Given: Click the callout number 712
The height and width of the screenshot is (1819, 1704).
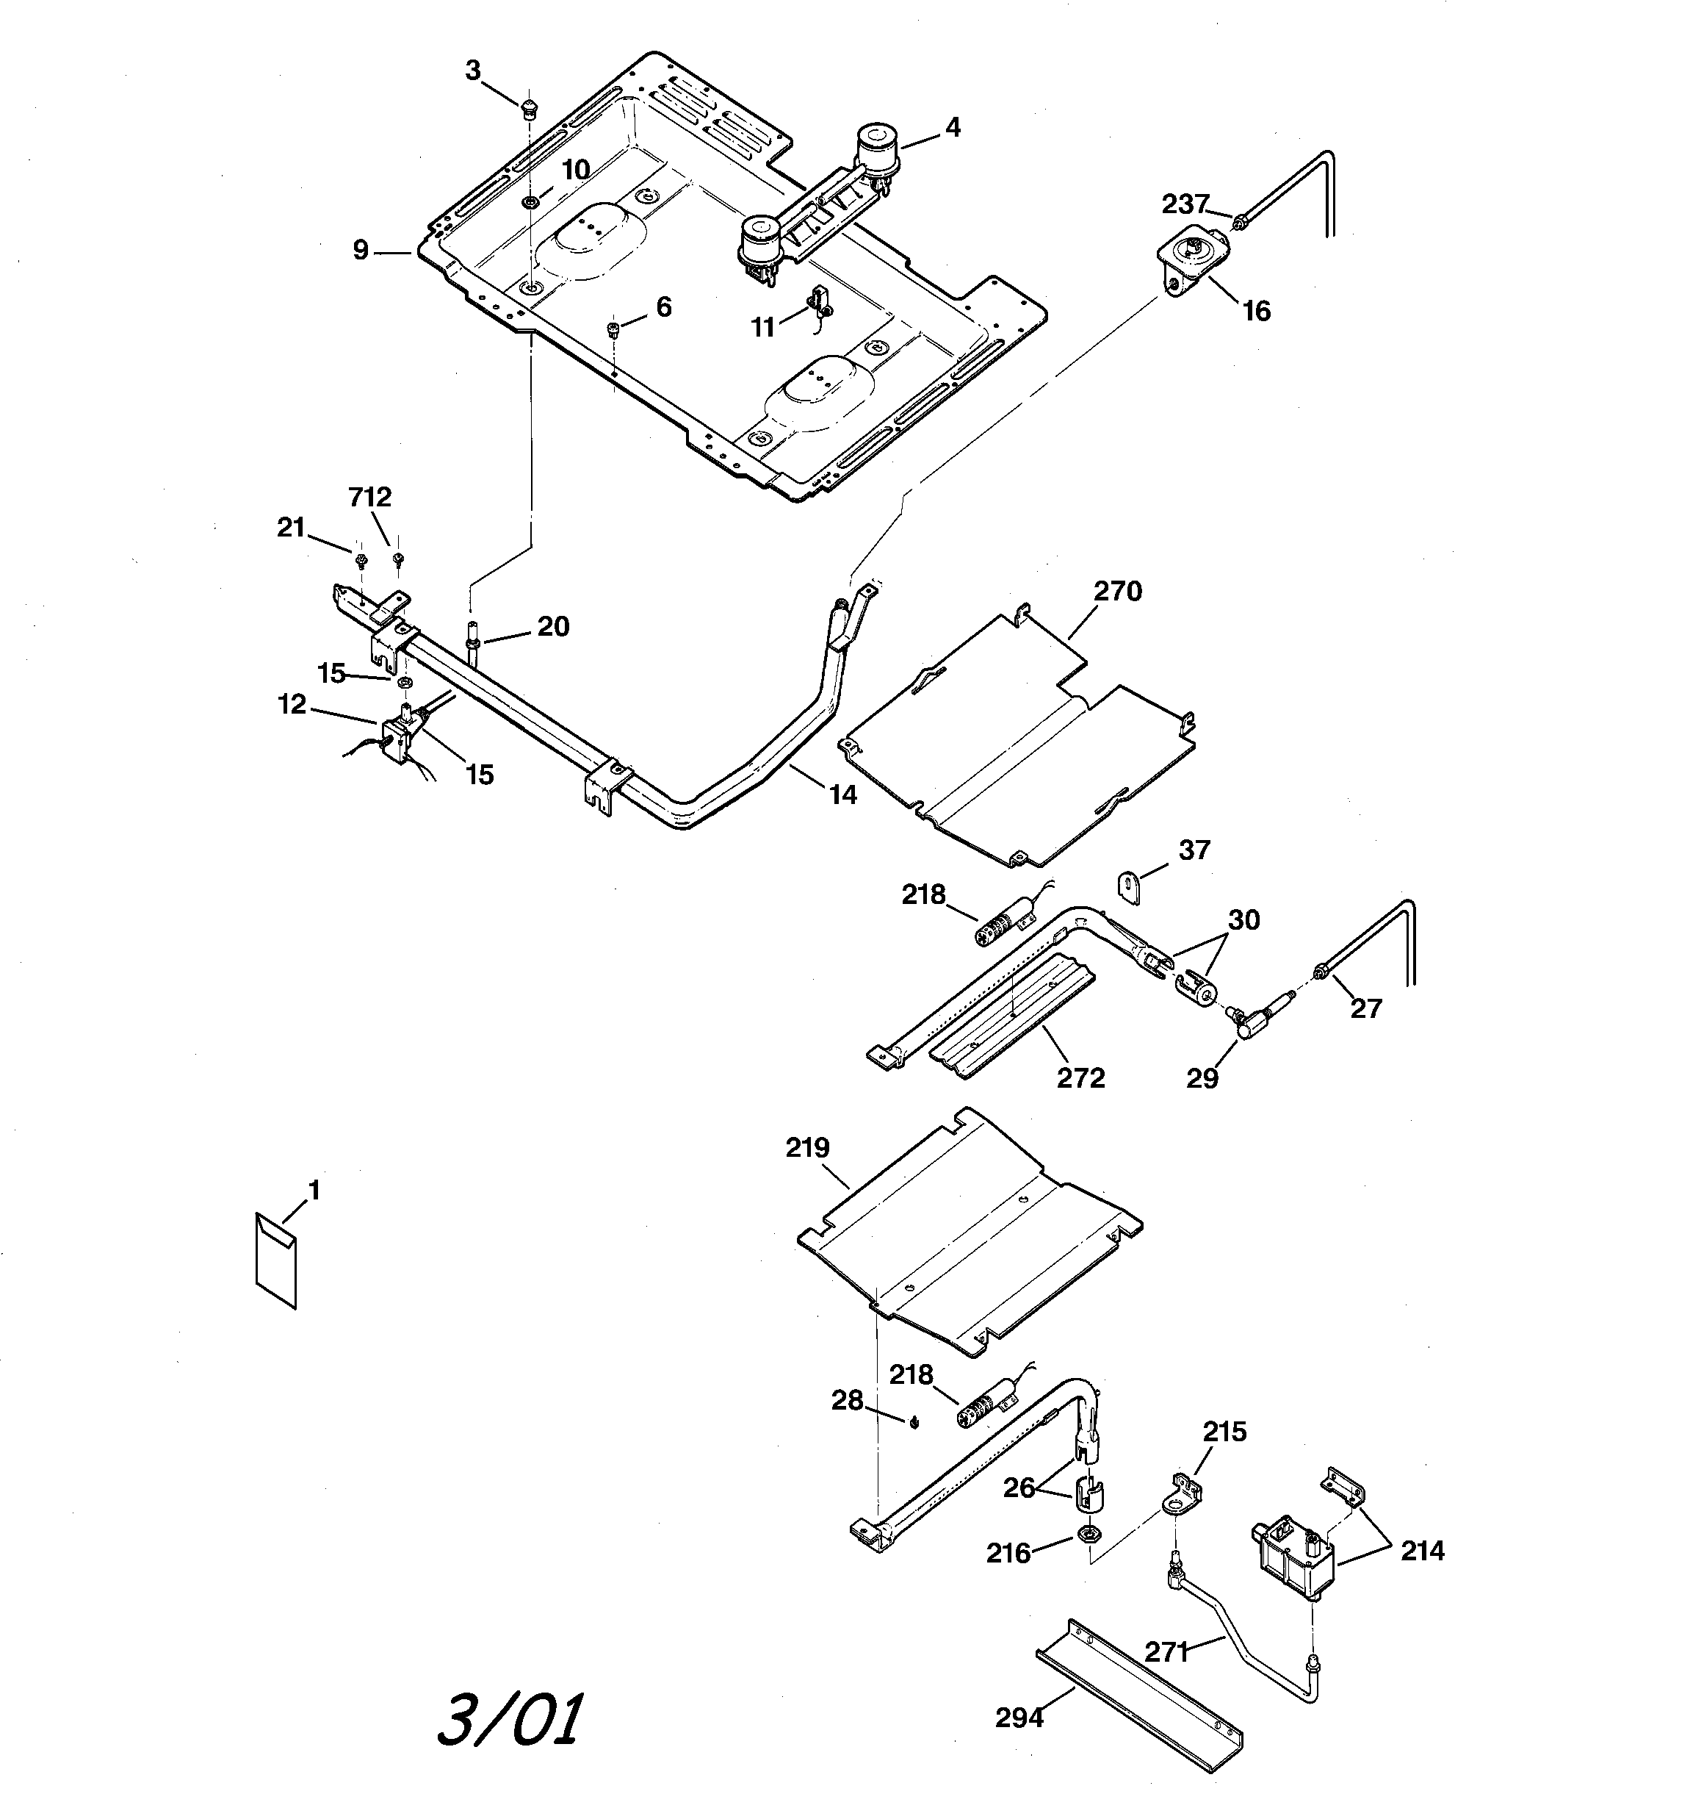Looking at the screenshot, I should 369,497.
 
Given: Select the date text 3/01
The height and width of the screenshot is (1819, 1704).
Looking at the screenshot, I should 508,1719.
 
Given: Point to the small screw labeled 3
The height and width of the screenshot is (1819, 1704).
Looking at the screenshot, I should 527,111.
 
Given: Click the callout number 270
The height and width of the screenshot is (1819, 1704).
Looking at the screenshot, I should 1118,591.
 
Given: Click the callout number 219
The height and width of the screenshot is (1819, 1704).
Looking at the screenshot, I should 808,1147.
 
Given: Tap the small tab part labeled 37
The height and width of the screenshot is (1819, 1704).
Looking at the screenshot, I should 1130,886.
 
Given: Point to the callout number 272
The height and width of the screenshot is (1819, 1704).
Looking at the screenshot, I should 1081,1078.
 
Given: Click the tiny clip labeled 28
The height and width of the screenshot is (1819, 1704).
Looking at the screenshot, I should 914,1421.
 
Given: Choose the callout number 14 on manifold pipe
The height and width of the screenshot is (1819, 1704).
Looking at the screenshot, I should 842,795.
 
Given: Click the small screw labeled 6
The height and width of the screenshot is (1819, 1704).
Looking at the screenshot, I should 615,326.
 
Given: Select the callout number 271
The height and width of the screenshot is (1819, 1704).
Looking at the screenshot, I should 1166,1651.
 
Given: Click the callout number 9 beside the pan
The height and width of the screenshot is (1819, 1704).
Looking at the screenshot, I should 361,249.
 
